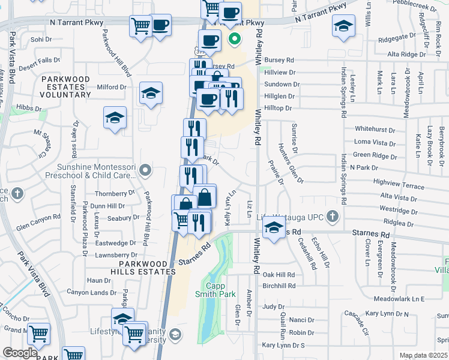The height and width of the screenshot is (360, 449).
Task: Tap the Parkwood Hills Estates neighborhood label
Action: click(x=148, y=268)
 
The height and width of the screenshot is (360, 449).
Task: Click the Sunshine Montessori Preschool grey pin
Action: click(x=144, y=172)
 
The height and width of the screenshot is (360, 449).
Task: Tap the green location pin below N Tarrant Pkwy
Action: click(x=234, y=41)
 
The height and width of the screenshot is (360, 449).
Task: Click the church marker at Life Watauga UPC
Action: click(x=330, y=217)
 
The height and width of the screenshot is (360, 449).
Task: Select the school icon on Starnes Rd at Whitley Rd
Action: click(x=274, y=229)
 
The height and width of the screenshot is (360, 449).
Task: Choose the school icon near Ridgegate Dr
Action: click(x=343, y=26)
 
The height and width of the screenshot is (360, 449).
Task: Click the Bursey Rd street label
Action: click(x=282, y=60)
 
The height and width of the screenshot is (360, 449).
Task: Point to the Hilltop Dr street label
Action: click(x=278, y=108)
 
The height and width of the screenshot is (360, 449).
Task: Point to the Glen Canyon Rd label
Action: click(x=39, y=226)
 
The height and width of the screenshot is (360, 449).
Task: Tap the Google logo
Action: click(x=20, y=353)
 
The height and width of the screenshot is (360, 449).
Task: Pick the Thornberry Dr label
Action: click(x=115, y=193)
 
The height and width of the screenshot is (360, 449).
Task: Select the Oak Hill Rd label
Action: click(x=279, y=274)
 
